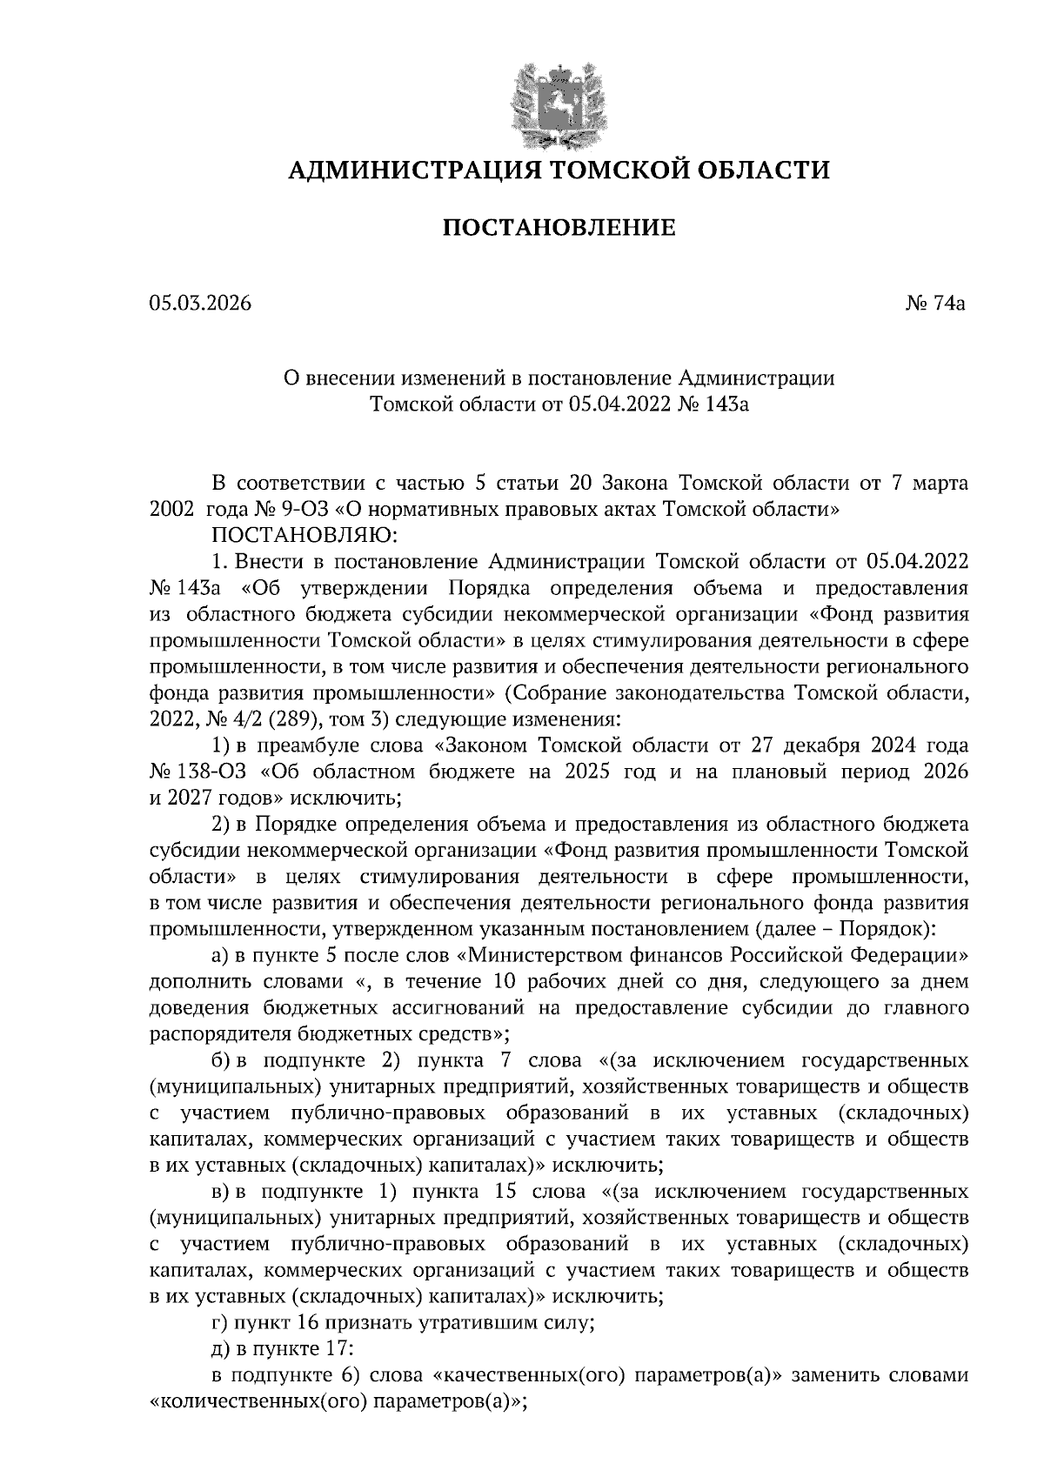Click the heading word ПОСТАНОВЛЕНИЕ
tap(559, 229)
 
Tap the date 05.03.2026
tap(199, 304)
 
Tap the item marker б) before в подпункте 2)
tap(222, 1061)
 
